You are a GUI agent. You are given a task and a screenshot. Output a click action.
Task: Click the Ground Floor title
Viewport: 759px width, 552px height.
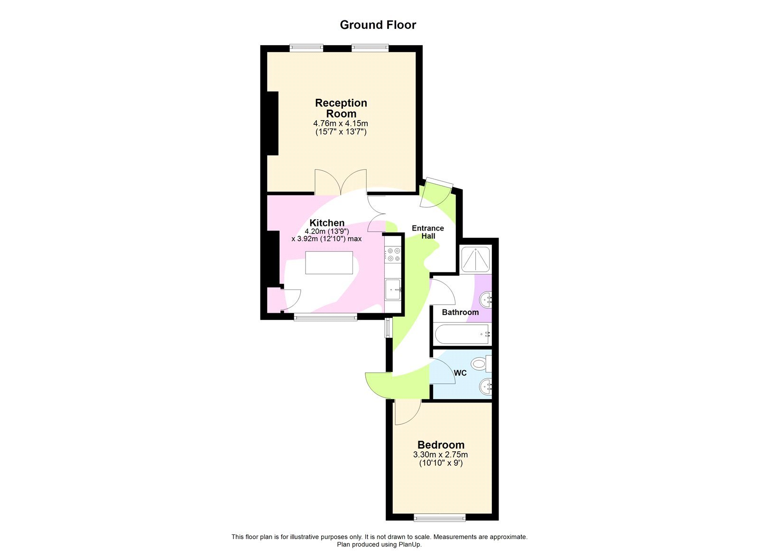pyautogui.click(x=378, y=25)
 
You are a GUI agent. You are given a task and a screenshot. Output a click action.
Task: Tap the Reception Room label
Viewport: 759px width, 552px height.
pyautogui.click(x=341, y=108)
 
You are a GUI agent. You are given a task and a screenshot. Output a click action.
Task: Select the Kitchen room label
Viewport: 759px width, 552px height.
pyautogui.click(x=327, y=223)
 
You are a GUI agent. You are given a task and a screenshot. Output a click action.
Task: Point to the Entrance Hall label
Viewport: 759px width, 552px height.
pyautogui.click(x=428, y=232)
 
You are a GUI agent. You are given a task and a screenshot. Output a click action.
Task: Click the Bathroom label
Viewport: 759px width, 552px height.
pyautogui.click(x=460, y=312)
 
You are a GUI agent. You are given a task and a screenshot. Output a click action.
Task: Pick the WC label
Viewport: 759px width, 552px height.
pyautogui.click(x=460, y=373)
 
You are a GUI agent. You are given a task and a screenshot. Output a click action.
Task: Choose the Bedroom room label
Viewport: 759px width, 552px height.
pyautogui.click(x=441, y=445)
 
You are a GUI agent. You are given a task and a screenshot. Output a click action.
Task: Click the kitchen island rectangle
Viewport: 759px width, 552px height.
pyautogui.click(x=329, y=262)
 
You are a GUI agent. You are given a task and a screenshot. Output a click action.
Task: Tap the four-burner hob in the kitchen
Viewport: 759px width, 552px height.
pyautogui.click(x=393, y=255)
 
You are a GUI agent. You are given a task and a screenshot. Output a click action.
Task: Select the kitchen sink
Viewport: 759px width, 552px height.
pyautogui.click(x=393, y=289)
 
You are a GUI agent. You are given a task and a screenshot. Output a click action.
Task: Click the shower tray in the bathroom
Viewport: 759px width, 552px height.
pyautogui.click(x=475, y=259)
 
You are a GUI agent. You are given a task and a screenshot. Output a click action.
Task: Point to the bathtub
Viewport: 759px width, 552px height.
pyautogui.click(x=463, y=334)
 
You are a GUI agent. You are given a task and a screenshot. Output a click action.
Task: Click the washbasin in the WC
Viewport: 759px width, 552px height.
pyautogui.click(x=485, y=386)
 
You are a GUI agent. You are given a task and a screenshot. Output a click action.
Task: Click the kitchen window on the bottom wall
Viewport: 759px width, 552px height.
pyautogui.click(x=325, y=317)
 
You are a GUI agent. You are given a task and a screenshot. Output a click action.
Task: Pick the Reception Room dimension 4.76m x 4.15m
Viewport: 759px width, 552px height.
pyautogui.click(x=341, y=123)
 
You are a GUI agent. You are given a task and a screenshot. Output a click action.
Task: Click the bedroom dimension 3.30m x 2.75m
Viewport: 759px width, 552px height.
pyautogui.click(x=440, y=455)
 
